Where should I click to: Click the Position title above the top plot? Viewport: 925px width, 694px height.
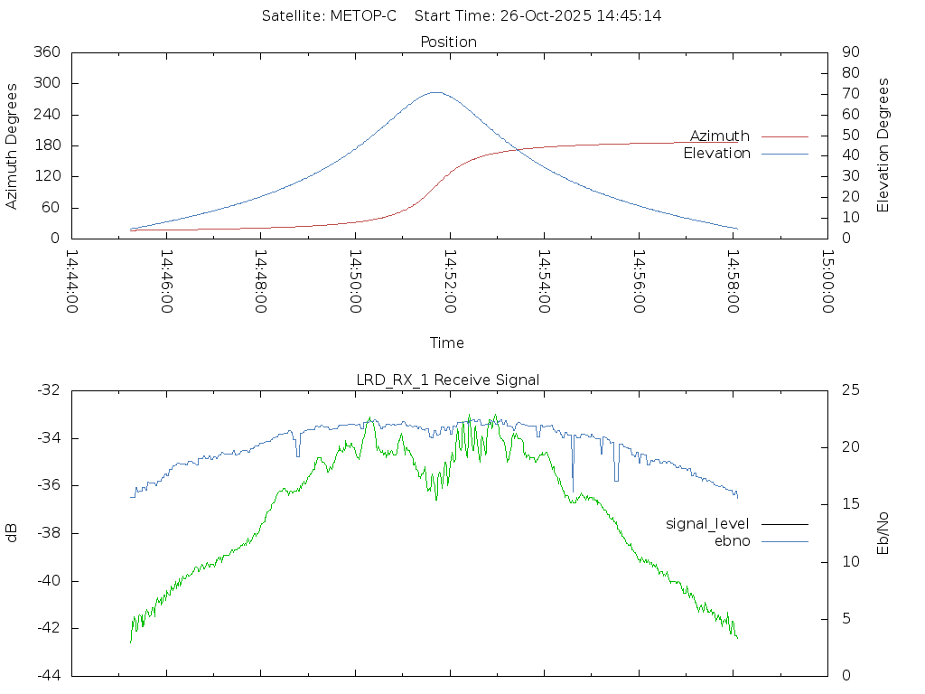[x=449, y=42]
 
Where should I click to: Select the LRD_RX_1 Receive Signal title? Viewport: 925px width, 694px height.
[x=448, y=380]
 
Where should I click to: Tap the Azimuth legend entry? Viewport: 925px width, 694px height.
[x=720, y=136]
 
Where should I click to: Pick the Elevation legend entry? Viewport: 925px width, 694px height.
[x=717, y=154]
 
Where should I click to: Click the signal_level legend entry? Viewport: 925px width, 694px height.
[x=707, y=523]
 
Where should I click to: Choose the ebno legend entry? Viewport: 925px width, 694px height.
[x=733, y=540]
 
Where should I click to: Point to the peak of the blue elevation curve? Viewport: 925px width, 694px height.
[x=435, y=92]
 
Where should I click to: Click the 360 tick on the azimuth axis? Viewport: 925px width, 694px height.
[x=46, y=52]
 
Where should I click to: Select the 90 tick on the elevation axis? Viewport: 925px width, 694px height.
[x=849, y=52]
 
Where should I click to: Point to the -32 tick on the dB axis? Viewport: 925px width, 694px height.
[x=46, y=390]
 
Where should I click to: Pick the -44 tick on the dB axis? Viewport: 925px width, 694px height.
[x=46, y=675]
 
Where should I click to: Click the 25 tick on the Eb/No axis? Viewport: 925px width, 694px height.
[x=849, y=390]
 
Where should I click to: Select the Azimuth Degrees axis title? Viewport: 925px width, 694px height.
[x=13, y=145]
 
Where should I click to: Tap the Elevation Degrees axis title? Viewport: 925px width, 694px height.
[x=883, y=145]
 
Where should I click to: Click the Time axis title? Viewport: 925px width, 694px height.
[x=447, y=342]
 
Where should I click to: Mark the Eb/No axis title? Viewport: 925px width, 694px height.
[x=883, y=532]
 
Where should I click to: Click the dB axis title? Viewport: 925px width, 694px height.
[x=13, y=532]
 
